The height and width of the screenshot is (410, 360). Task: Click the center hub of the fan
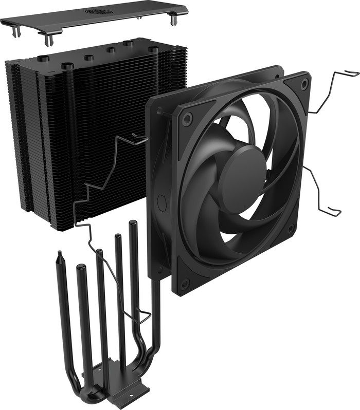coord(243,174)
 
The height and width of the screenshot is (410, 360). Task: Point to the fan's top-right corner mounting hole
coord(304,82)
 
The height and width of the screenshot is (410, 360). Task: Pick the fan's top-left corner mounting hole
coord(187,119)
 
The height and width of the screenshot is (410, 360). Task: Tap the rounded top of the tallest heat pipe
coord(133,223)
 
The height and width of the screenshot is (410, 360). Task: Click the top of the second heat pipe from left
coord(81,268)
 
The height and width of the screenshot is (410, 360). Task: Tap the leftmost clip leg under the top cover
coord(17,31)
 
